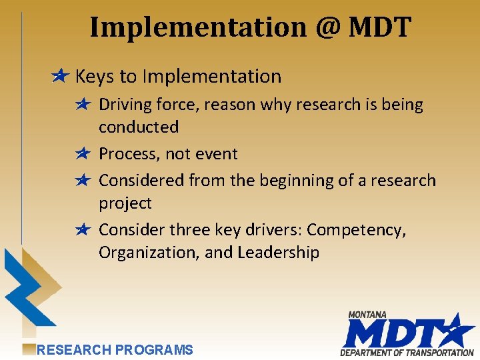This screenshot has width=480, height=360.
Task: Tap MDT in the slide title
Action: click(380, 28)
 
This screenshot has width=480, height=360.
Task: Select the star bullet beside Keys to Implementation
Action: click(60, 77)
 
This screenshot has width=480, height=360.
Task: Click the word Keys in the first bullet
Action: click(95, 77)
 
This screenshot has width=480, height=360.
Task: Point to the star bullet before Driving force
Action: click(83, 104)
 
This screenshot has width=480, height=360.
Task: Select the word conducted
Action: click(139, 127)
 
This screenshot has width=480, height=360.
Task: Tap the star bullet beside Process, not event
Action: click(83, 154)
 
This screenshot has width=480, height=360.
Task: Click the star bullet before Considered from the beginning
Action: click(83, 181)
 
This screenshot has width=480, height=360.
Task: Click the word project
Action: click(125, 203)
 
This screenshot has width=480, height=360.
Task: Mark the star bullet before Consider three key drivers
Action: click(83, 230)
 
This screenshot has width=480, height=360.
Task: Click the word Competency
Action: click(356, 230)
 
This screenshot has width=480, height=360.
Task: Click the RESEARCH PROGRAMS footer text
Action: click(115, 349)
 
